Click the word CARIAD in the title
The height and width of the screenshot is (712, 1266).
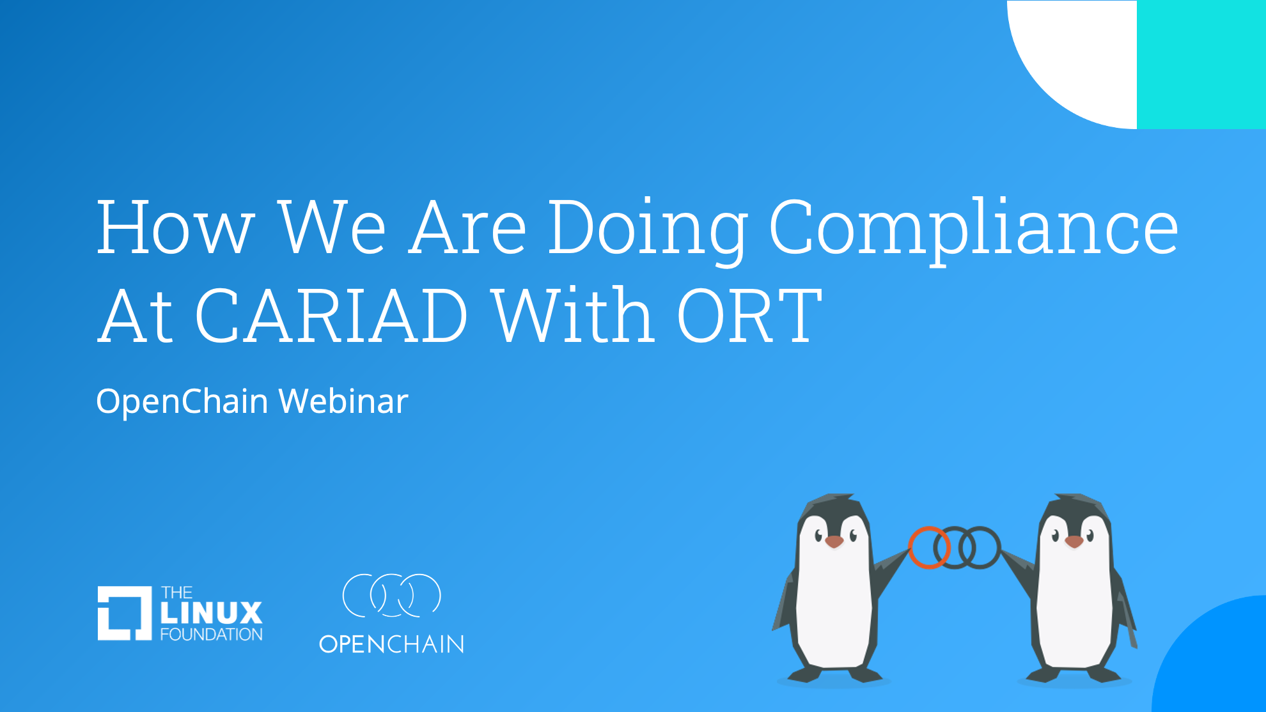pos(331,315)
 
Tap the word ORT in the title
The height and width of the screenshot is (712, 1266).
pos(749,315)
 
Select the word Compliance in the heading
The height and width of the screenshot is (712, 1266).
pos(974,230)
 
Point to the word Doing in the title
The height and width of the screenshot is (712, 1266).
pos(648,230)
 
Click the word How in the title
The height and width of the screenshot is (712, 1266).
pos(176,227)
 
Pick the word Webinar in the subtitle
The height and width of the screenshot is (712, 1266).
pos(343,401)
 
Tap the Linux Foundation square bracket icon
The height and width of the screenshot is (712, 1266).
pos(125,613)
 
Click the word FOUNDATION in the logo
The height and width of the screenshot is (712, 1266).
pos(212,635)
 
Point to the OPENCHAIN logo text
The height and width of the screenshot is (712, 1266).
pos(392,644)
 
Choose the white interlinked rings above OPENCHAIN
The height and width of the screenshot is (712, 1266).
pos(392,595)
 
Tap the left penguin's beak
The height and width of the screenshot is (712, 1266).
pos(834,542)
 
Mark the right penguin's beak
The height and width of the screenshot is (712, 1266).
pos(1074,542)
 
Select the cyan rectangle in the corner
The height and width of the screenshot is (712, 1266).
pos(1201,64)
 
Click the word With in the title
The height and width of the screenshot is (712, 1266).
pos(574,315)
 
